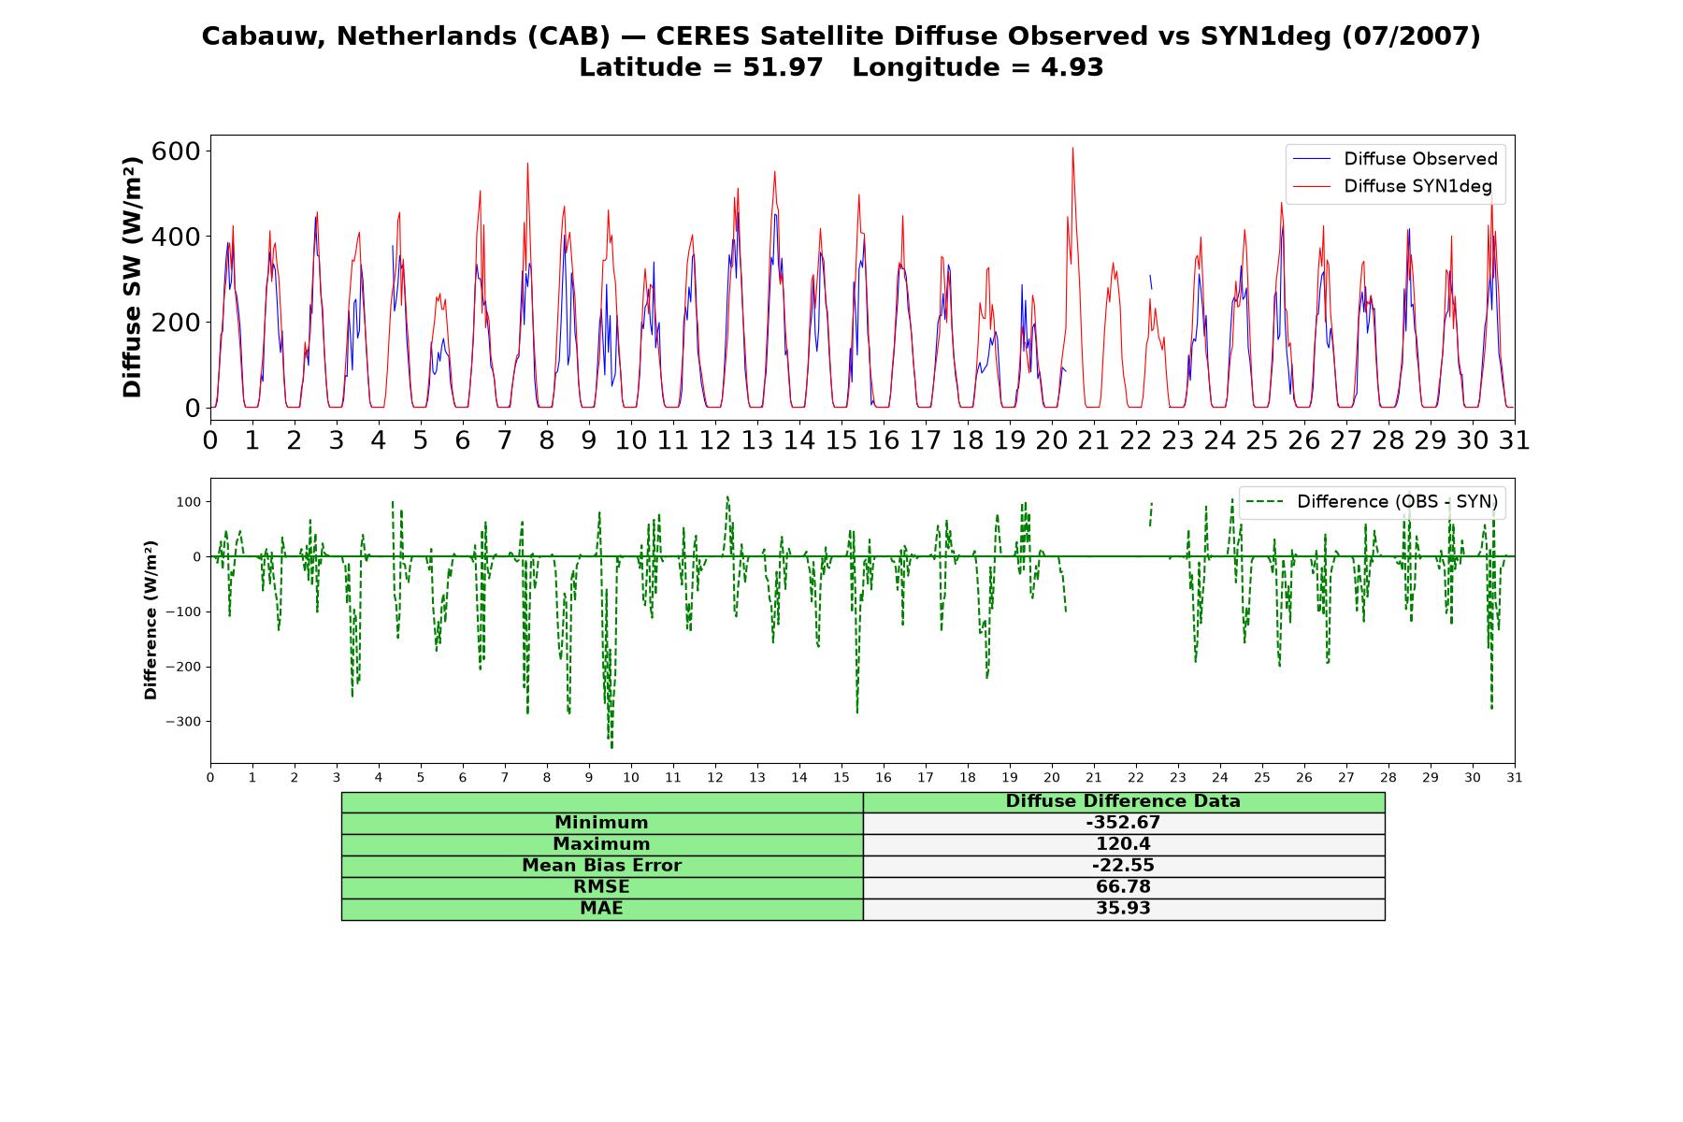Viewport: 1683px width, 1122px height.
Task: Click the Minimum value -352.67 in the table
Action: click(x=1123, y=823)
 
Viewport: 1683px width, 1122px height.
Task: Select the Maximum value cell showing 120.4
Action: click(x=1123, y=844)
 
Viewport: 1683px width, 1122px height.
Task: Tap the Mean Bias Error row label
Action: click(x=601, y=866)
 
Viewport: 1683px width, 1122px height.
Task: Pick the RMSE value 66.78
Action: click(x=1123, y=887)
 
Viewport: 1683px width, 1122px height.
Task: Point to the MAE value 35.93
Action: click(x=1123, y=909)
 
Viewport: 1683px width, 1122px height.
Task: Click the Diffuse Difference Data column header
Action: click(x=1123, y=801)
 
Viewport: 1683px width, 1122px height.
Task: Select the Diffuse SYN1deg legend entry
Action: click(x=1392, y=186)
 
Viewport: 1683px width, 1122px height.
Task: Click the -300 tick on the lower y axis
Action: click(x=183, y=722)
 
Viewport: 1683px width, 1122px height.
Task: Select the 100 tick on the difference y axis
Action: click(x=189, y=502)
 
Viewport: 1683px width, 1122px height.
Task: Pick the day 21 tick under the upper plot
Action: click(x=1094, y=440)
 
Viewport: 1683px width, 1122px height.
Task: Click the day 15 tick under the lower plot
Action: click(x=841, y=777)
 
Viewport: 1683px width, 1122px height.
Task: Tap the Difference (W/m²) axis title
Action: click(x=151, y=621)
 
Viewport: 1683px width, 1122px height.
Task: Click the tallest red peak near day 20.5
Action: click(x=1072, y=148)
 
